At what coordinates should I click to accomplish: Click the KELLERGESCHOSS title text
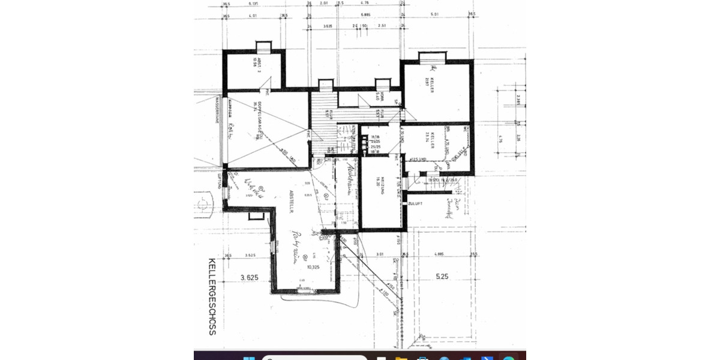(x=212, y=296)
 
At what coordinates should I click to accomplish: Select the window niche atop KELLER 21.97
(x=431, y=57)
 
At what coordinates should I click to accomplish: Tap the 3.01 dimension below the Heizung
(x=379, y=254)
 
